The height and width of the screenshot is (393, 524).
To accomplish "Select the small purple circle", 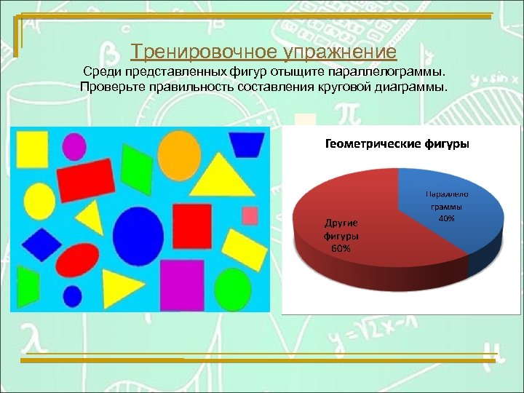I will [76, 147].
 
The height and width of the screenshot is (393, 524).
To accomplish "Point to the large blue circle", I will [137, 232].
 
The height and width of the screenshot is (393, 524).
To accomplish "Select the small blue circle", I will [73, 296].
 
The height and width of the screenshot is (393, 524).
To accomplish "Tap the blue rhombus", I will [41, 243].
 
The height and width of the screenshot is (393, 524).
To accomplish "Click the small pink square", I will [250, 215].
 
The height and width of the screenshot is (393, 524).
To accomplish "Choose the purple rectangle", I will [181, 285].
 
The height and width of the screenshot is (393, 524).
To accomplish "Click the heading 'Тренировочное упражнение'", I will [263, 52].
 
